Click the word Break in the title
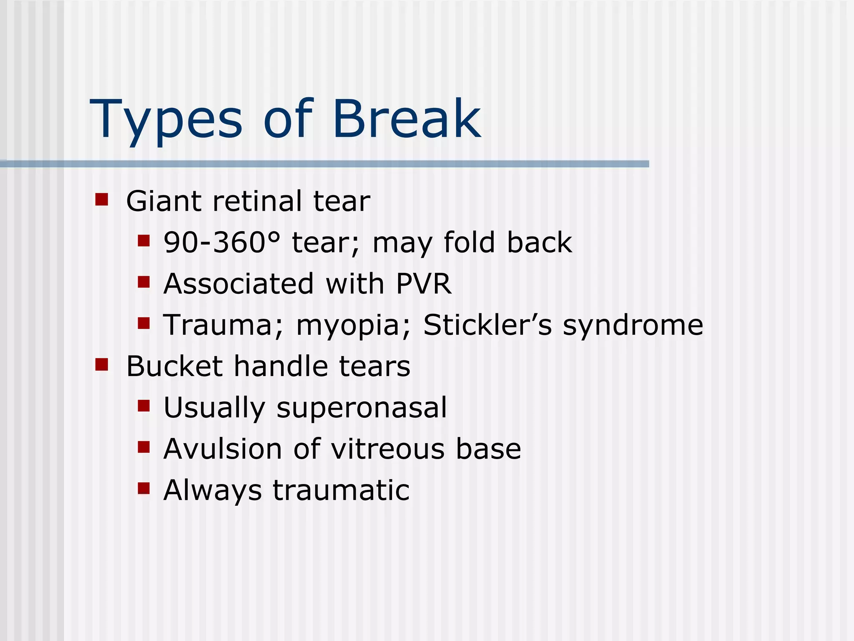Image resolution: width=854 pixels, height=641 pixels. pyautogui.click(x=407, y=119)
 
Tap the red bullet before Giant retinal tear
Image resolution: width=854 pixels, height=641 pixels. pyautogui.click(x=101, y=199)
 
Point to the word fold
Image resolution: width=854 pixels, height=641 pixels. pyautogui.click(x=469, y=242)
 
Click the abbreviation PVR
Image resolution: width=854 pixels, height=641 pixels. pyautogui.click(x=423, y=284)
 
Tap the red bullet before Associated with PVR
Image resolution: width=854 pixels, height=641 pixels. pyautogui.click(x=143, y=282)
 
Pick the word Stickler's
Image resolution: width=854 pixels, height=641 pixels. pyautogui.click(x=487, y=325)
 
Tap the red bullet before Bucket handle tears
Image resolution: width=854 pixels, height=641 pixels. pyautogui.click(x=101, y=364)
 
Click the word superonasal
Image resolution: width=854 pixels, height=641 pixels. pyautogui.click(x=362, y=408)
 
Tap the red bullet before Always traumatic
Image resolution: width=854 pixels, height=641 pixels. pyautogui.click(x=143, y=488)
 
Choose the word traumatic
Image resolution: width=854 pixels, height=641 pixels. pyautogui.click(x=341, y=490)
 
